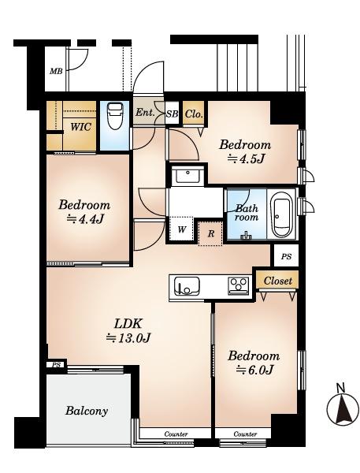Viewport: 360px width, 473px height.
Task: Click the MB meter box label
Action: pyautogui.click(x=56, y=71)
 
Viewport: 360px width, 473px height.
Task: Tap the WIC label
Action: pyautogui.click(x=80, y=127)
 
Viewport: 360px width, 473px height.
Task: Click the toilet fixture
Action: pyautogui.click(x=115, y=116)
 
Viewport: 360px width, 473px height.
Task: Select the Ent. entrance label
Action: pyautogui.click(x=145, y=113)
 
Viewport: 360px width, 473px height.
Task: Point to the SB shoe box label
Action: pyautogui.click(x=173, y=114)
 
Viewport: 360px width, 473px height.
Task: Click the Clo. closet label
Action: pyautogui.click(x=194, y=114)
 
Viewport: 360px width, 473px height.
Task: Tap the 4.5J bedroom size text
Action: pyautogui.click(x=246, y=158)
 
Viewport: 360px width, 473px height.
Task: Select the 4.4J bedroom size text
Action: pyautogui.click(x=85, y=218)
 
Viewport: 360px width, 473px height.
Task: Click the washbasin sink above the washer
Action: pyautogui.click(x=187, y=176)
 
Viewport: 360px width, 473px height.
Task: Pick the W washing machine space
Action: pyautogui.click(x=181, y=229)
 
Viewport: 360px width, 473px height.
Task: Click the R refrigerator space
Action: pyautogui.click(x=211, y=233)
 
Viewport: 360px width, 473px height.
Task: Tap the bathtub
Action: pyautogui.click(x=281, y=215)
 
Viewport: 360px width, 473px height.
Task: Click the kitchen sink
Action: pyautogui.click(x=187, y=286)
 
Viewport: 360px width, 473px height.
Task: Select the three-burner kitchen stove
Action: pyautogui.click(x=239, y=285)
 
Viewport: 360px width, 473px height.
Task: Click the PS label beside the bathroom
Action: pyautogui.click(x=286, y=256)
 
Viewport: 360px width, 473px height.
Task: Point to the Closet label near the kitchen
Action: pyautogui.click(x=278, y=281)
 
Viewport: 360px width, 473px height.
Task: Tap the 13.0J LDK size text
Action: pyautogui.click(x=128, y=338)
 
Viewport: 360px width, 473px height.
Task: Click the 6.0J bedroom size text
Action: pyautogui.click(x=254, y=369)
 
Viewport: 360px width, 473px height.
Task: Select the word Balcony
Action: pyautogui.click(x=87, y=411)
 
